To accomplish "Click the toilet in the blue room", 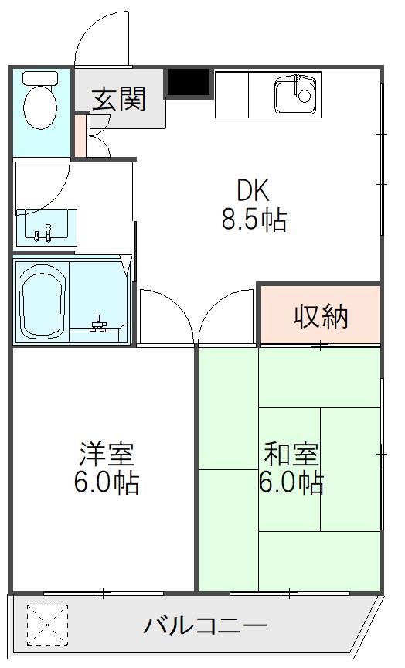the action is click(x=40, y=100).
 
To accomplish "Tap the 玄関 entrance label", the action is click(x=119, y=99).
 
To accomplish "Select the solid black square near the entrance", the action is click(x=189, y=82).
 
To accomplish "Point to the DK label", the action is click(x=253, y=190).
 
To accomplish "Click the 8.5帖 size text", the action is click(x=254, y=220).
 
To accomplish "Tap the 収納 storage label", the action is click(x=321, y=316).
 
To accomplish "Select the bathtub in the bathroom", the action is click(x=42, y=302).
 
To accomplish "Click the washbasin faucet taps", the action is click(x=43, y=233).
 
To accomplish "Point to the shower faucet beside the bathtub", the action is click(x=99, y=325).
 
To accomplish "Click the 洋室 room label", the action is click(x=107, y=455).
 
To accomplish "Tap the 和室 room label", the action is click(x=291, y=454).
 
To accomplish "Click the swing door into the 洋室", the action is click(x=167, y=316).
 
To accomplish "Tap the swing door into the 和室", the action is click(x=226, y=316).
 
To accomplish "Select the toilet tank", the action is click(x=40, y=78).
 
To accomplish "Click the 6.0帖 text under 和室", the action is click(x=291, y=482).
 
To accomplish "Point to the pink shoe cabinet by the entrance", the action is click(x=80, y=135).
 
